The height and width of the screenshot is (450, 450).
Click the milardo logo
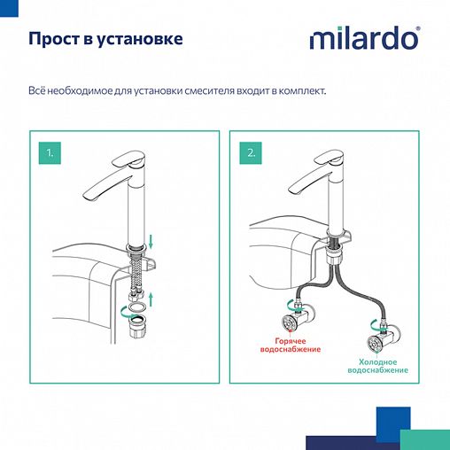(363, 40)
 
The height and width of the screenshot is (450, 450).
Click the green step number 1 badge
(50, 152)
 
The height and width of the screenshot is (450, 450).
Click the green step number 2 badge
(252, 152)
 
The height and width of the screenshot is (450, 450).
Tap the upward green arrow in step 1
(151, 297)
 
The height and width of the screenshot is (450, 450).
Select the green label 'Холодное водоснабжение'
(384, 365)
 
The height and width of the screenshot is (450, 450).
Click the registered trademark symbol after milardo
(418, 29)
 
